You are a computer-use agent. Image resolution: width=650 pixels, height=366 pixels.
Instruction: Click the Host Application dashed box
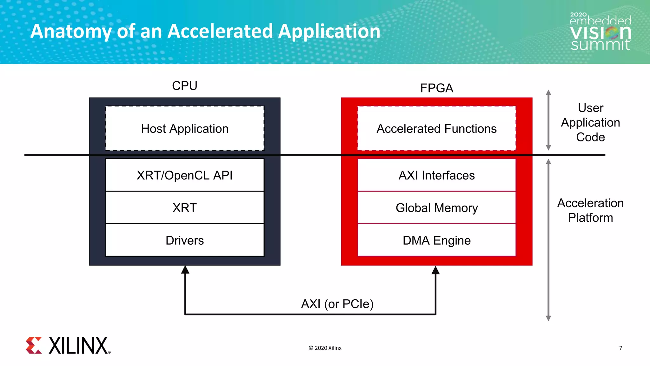tap(185, 128)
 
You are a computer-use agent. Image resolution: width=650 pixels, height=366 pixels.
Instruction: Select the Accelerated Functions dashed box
tap(436, 128)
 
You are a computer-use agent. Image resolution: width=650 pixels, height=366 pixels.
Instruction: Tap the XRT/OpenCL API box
tap(185, 175)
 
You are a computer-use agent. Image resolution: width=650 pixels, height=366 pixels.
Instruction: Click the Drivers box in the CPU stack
tap(185, 240)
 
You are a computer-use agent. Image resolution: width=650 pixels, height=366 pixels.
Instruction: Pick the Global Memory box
tap(436, 208)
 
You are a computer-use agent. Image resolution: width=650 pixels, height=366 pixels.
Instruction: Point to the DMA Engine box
tap(436, 240)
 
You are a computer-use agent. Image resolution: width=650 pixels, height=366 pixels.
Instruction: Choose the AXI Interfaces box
tap(436, 175)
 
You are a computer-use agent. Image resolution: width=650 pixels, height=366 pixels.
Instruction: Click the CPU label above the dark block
tap(185, 86)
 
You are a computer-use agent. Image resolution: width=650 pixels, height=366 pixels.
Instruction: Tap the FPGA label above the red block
tap(436, 88)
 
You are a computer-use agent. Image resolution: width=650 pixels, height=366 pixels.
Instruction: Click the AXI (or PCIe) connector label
tap(337, 304)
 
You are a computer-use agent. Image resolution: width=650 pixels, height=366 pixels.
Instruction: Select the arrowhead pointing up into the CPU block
tap(185, 270)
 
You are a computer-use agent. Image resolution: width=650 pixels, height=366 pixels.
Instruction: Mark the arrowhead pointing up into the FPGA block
tap(435, 270)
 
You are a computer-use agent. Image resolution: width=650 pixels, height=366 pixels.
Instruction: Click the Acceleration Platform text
tap(590, 210)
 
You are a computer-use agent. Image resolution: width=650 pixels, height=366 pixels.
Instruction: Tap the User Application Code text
tap(590, 122)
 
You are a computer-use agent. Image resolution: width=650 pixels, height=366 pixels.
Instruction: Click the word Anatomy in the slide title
tap(70, 31)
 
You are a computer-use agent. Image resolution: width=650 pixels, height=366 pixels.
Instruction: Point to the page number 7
tap(620, 348)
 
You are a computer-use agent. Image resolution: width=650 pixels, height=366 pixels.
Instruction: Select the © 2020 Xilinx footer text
tap(325, 348)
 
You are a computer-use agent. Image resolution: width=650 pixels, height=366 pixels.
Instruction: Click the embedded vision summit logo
tap(600, 32)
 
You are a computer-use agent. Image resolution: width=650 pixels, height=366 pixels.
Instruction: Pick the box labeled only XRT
tap(185, 208)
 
